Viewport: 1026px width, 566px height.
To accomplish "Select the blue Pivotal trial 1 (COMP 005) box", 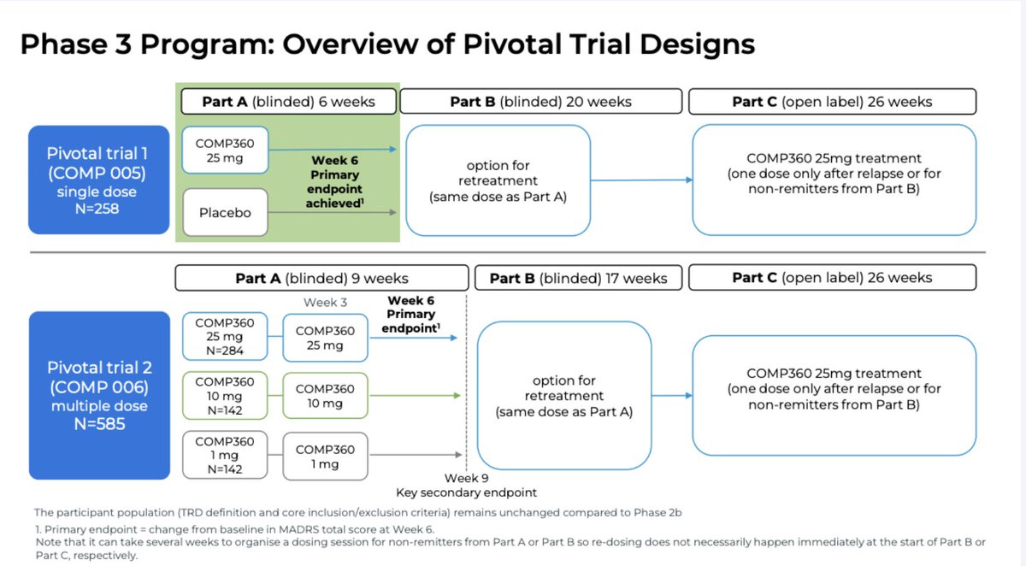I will point(97,180).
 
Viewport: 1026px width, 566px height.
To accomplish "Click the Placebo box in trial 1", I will point(225,212).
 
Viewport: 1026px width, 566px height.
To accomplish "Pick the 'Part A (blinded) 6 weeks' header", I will point(288,102).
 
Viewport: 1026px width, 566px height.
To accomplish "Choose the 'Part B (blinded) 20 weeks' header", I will point(540,102).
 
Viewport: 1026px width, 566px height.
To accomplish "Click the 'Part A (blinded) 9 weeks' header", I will point(321,278).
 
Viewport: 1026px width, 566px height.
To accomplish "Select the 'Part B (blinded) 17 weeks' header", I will point(577,278).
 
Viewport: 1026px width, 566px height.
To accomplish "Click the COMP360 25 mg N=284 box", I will point(225,336).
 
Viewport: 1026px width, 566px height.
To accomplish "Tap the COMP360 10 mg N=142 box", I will point(225,397).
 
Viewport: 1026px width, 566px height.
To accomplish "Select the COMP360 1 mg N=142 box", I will point(225,456).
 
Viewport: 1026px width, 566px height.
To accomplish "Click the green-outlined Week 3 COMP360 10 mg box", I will point(325,396).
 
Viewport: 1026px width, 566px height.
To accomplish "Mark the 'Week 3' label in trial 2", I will point(325,303).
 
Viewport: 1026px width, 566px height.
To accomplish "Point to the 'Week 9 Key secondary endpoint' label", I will point(466,486).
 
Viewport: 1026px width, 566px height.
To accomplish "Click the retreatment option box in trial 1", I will point(498,180).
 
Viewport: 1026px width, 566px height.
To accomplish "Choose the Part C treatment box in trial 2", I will point(834,395).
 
